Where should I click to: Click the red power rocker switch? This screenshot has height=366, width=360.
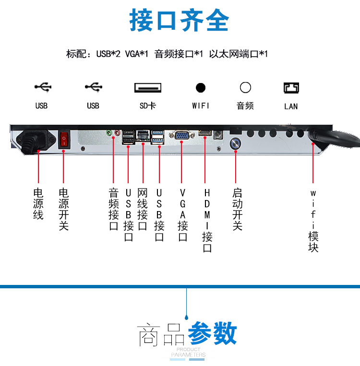click(64, 140)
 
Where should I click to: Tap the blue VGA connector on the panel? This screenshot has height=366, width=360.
click(182, 136)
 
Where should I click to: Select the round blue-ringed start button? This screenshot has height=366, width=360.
click(235, 143)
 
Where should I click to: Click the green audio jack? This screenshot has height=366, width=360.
click(109, 133)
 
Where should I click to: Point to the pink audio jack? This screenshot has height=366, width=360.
click(117, 133)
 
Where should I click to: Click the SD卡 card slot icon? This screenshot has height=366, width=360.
click(148, 87)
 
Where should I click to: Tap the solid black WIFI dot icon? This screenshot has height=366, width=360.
click(201, 88)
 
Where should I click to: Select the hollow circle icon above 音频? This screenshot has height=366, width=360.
click(245, 87)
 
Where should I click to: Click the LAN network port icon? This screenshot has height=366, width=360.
click(291, 88)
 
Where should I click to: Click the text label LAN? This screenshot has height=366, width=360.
click(291, 106)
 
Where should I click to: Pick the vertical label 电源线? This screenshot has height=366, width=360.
click(38, 204)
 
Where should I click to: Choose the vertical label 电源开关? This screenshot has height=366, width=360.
click(63, 209)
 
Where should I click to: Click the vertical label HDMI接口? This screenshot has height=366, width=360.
click(207, 220)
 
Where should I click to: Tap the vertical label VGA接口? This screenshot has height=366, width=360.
click(183, 215)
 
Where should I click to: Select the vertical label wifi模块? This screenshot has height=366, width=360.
click(313, 221)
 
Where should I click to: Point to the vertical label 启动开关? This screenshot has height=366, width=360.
click(237, 209)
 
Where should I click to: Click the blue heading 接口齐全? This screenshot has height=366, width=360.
click(179, 20)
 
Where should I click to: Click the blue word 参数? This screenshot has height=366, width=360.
click(212, 333)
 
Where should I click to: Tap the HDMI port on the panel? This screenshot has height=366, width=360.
click(205, 133)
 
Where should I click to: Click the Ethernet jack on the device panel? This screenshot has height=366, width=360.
click(143, 135)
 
